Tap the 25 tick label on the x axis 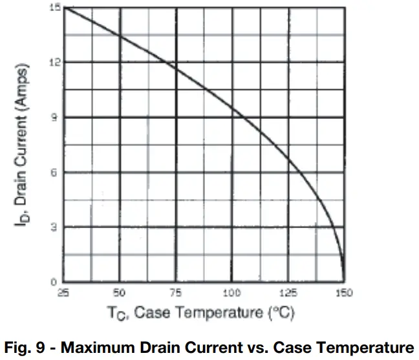[x=64, y=293]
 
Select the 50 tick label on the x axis [x=120, y=293]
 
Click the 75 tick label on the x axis [x=175, y=293]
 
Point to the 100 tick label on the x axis [x=231, y=293]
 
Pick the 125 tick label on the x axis [x=287, y=293]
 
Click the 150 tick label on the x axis [x=343, y=293]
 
